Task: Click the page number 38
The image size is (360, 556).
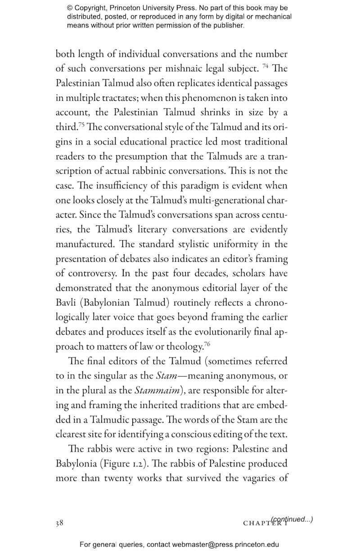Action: pos(59,523)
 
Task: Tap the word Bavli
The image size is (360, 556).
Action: pos(68,302)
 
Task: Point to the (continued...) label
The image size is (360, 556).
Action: pos(292,519)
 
